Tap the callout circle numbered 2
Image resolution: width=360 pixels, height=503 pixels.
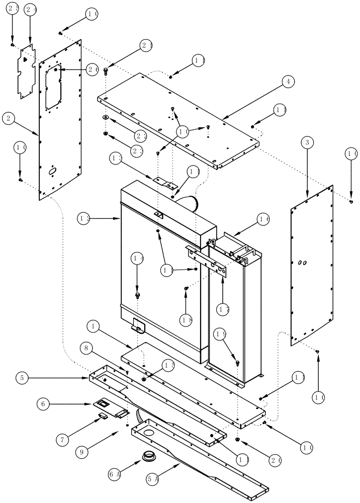pos(8,119)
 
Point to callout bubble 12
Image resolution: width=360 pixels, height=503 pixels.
pos(84,219)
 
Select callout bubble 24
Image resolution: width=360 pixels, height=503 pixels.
pos(31,9)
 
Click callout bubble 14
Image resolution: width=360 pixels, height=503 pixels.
pos(138,259)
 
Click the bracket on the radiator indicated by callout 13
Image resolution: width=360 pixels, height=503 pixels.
pos(163,181)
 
